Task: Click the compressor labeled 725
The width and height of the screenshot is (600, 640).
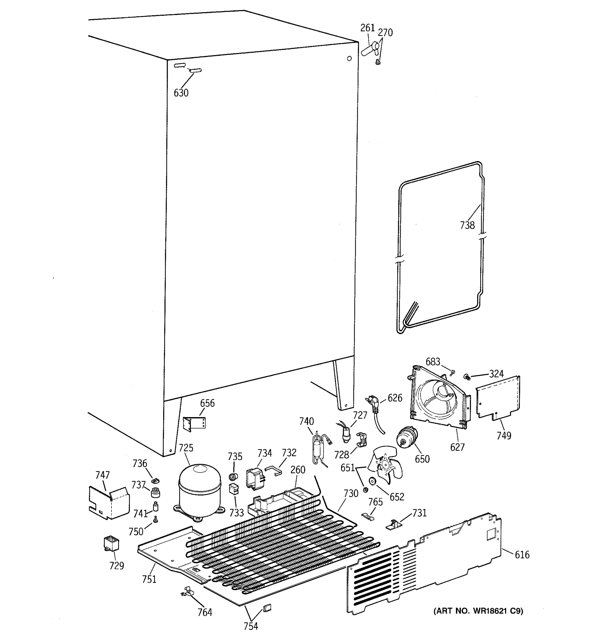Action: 199,490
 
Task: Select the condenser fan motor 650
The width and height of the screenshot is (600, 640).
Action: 406,438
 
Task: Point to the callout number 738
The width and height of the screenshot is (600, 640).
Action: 467,225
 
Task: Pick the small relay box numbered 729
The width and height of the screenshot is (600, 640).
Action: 111,544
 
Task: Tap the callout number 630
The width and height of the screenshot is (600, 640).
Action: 181,93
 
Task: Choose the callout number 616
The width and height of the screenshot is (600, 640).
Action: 522,554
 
